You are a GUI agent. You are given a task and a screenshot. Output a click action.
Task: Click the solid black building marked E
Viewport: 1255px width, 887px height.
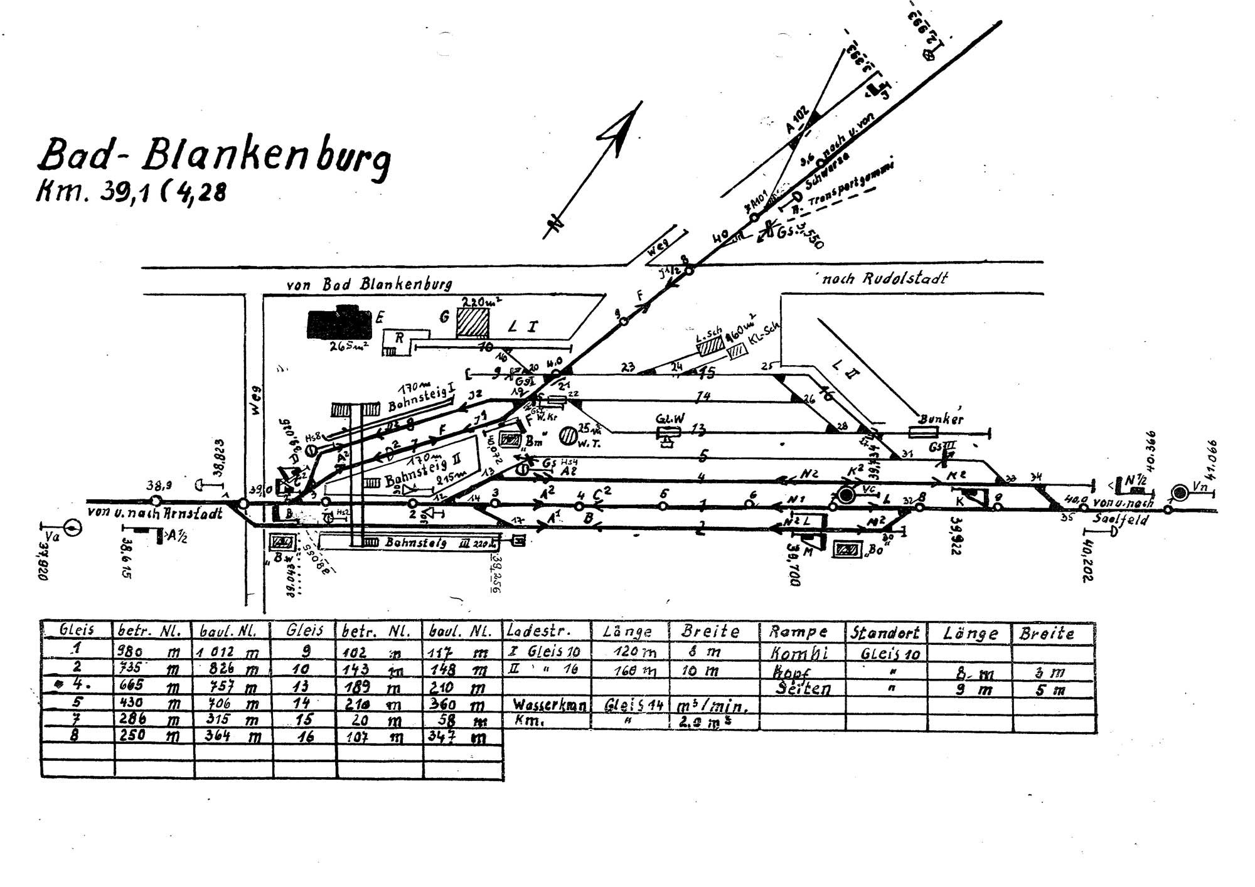pyautogui.click(x=339, y=322)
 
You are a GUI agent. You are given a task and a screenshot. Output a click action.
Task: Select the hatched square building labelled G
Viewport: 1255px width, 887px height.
pyautogui.click(x=473, y=323)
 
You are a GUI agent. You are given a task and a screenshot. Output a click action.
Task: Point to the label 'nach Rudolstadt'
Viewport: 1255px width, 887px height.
pyautogui.click(x=885, y=278)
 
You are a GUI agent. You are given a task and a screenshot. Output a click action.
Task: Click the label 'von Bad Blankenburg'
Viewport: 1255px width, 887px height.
pyautogui.click(x=369, y=284)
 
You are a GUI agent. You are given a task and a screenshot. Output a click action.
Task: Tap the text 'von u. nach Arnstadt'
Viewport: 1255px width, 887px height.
pyautogui.click(x=155, y=513)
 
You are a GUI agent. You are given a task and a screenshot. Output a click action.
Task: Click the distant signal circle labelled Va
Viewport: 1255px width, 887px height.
pyautogui.click(x=73, y=528)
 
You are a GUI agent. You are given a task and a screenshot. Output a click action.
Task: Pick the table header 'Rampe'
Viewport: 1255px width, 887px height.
pyautogui.click(x=798, y=632)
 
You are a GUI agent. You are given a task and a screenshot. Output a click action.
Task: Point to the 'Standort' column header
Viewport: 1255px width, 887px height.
pyautogui.click(x=885, y=632)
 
